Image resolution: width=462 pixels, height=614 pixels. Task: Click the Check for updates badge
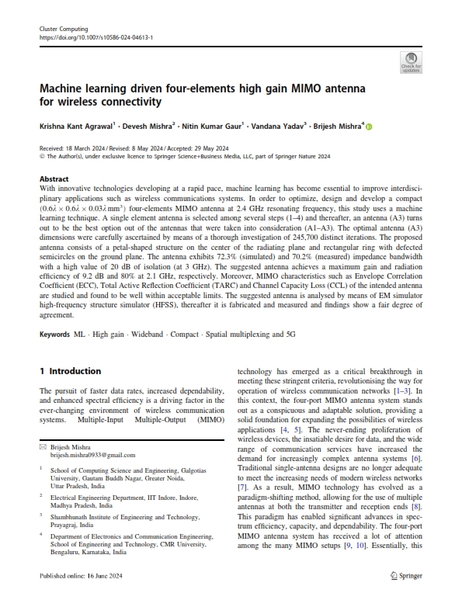pyautogui.click(x=411, y=61)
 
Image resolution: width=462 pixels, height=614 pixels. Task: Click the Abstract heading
pyautogui.click(x=54, y=178)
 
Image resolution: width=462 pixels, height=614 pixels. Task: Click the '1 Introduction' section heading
pyautogui.click(x=70, y=371)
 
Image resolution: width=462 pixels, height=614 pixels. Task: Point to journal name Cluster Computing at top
pyautogui.click(x=64, y=28)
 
